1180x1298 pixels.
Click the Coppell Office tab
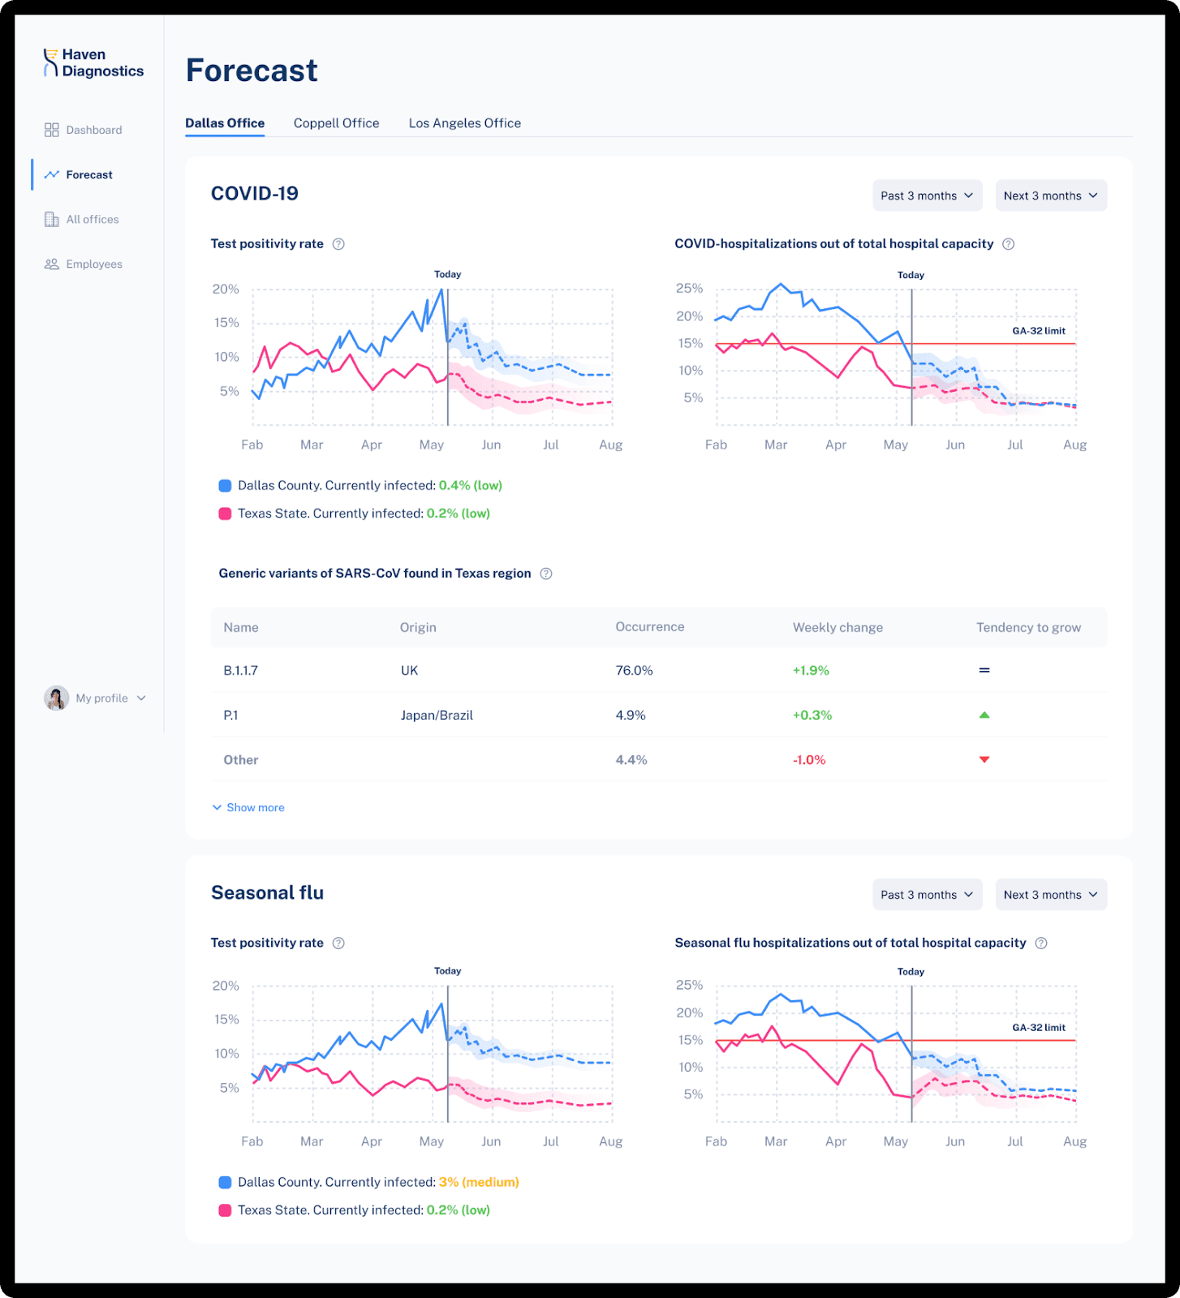click(336, 123)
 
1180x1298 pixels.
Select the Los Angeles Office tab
click(464, 123)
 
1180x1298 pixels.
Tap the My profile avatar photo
click(56, 698)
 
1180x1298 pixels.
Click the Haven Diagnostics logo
click(93, 63)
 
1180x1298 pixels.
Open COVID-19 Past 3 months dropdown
click(927, 196)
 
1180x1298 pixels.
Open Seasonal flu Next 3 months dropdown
click(1050, 895)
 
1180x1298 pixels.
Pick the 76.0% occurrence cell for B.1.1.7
click(634, 671)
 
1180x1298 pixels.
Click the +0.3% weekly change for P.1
click(812, 716)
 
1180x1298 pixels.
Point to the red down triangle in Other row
click(984, 759)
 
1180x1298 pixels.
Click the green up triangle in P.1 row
click(984, 715)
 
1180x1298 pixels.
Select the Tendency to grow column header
click(1027, 628)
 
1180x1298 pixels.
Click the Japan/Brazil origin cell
click(437, 716)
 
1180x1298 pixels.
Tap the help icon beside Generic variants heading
click(546, 574)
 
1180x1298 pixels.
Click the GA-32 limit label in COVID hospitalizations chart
click(1038, 331)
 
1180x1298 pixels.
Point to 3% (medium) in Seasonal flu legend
click(479, 1182)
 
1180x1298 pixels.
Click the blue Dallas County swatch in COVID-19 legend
click(225, 485)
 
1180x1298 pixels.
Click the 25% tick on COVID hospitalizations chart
click(689, 289)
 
